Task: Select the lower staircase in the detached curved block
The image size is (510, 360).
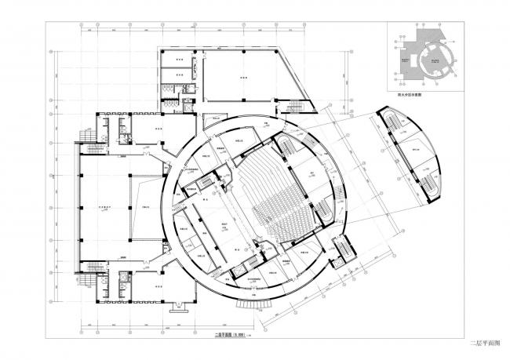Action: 430,187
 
